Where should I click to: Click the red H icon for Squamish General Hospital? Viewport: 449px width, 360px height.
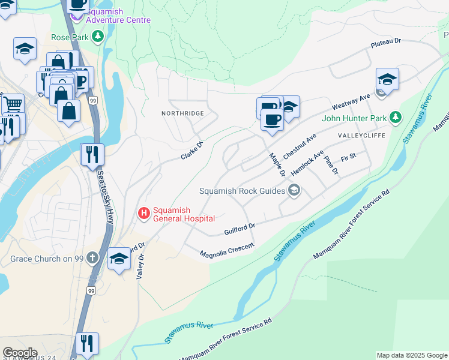pyautogui.click(x=144, y=214)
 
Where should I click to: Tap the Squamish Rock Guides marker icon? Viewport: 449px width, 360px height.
pyautogui.click(x=294, y=191)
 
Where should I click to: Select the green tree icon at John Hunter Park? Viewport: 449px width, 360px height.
pyautogui.click(x=395, y=118)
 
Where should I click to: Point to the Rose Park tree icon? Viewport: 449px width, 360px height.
pyautogui.click(x=97, y=37)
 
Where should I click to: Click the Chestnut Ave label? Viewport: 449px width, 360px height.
pyautogui.click(x=299, y=146)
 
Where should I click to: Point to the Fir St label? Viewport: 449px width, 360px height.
pyautogui.click(x=348, y=157)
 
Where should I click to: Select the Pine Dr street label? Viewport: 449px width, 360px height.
pyautogui.click(x=331, y=166)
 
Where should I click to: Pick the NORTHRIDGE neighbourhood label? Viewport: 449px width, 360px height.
pyautogui.click(x=182, y=113)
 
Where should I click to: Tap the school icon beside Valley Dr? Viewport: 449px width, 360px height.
pyautogui.click(x=119, y=259)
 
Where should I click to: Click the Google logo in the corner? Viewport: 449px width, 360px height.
pyautogui.click(x=20, y=353)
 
